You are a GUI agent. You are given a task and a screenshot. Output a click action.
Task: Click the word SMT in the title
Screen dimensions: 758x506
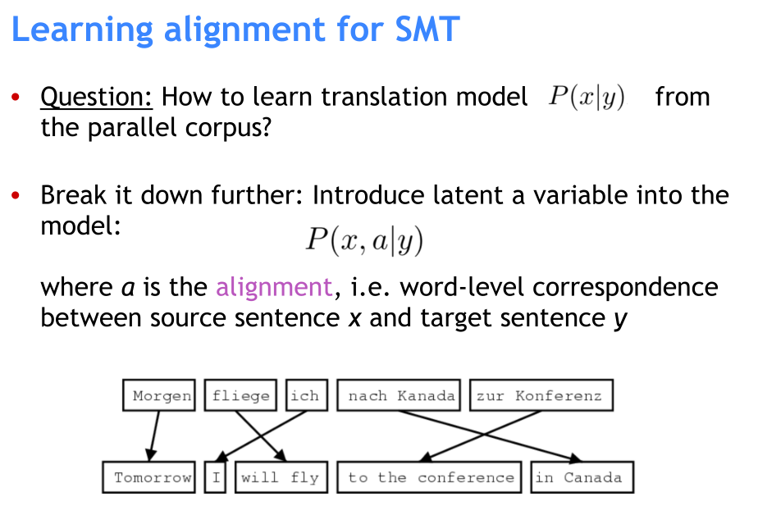[x=427, y=29]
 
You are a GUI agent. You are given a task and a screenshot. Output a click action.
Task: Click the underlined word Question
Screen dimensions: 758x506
[x=96, y=98]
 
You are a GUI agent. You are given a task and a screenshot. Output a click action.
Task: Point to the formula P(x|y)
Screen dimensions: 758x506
[x=587, y=97]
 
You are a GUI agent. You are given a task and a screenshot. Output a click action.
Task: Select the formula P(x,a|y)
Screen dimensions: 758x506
[x=364, y=240]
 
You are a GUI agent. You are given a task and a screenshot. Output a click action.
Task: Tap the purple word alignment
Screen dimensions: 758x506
[x=274, y=287]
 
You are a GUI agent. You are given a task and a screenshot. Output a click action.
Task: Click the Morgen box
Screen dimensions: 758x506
[x=159, y=395]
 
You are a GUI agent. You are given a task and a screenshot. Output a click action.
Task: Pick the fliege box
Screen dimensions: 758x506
[x=240, y=395]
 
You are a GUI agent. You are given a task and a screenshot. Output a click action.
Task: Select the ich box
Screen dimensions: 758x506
[x=307, y=395]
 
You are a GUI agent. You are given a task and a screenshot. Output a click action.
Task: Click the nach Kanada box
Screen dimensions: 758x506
[x=399, y=395]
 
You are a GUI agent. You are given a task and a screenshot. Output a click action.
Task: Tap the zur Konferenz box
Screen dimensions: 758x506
[x=541, y=395]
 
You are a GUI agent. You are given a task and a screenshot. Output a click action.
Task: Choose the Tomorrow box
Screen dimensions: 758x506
[x=149, y=477]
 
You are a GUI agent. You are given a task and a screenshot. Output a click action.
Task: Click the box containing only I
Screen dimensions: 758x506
[x=215, y=477]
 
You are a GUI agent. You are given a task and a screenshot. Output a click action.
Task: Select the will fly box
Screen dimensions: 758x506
[x=281, y=477]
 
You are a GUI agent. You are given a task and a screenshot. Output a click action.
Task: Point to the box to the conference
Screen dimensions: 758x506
[x=429, y=477]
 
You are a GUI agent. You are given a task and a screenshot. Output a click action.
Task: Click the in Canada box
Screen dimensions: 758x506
[x=582, y=477]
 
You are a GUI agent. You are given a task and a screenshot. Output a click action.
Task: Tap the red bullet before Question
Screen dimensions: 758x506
[x=16, y=97]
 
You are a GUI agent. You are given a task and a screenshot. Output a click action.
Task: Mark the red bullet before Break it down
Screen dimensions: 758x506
[x=16, y=196]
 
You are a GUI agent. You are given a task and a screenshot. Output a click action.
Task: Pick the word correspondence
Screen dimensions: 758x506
[x=625, y=287]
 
